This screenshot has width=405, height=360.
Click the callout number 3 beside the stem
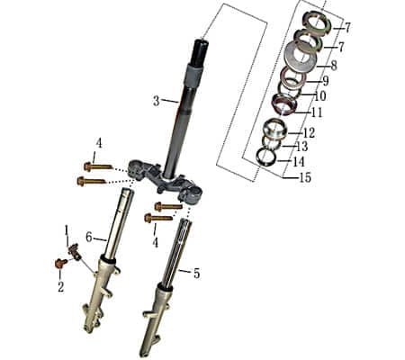pyautogui.click(x=156, y=101)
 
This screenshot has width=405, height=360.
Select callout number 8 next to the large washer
pyautogui.click(x=333, y=65)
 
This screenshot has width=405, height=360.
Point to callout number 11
pyautogui.click(x=316, y=112)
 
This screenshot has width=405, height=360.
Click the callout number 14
pyautogui.click(x=299, y=162)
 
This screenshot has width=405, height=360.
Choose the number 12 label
pyautogui.click(x=309, y=133)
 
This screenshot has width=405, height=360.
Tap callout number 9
pyautogui.click(x=325, y=81)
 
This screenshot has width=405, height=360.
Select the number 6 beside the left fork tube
pyautogui.click(x=89, y=237)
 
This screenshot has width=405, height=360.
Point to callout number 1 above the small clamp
pyautogui.click(x=66, y=231)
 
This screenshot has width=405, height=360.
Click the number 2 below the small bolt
pyautogui.click(x=61, y=286)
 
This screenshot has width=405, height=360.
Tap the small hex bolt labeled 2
pyautogui.click(x=60, y=264)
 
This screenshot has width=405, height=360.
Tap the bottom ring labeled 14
pyautogui.click(x=265, y=156)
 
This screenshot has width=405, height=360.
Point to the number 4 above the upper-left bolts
pyautogui.click(x=99, y=143)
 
